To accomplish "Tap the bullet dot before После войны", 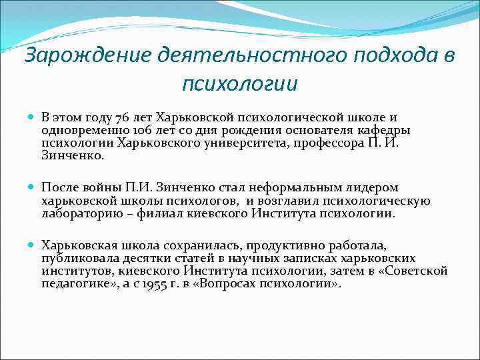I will click(x=33, y=189).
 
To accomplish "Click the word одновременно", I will click(x=75, y=130).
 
